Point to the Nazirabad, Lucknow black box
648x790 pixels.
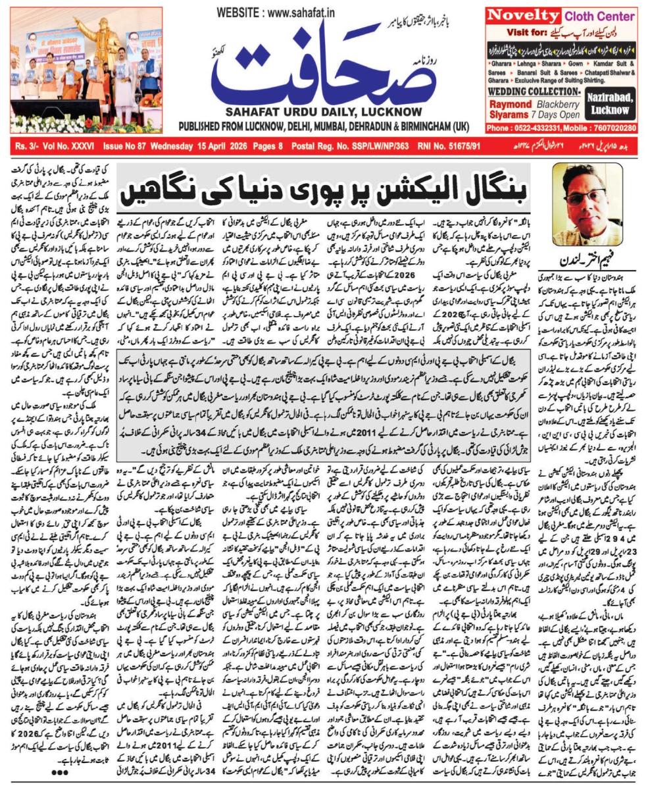point(610,103)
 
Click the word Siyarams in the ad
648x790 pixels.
point(510,113)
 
